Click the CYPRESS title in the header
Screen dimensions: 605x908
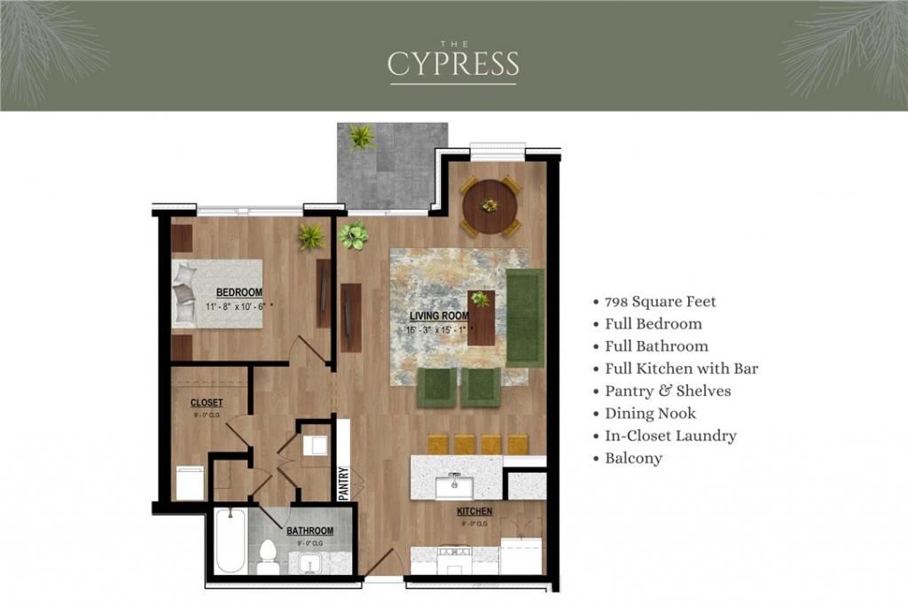(x=453, y=64)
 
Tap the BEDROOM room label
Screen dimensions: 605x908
(x=239, y=292)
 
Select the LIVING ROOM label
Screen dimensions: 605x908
(x=438, y=315)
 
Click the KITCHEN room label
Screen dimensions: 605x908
(x=474, y=511)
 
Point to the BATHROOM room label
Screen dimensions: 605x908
(x=309, y=531)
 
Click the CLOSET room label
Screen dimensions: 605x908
(x=207, y=403)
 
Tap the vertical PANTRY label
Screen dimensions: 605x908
(x=345, y=483)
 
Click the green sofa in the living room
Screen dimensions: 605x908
(x=525, y=317)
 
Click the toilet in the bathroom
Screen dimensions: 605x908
(x=267, y=555)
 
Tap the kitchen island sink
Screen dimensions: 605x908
(x=454, y=485)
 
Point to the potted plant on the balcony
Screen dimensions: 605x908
(x=361, y=137)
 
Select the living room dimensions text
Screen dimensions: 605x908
(x=440, y=330)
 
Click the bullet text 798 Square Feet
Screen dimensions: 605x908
(x=660, y=301)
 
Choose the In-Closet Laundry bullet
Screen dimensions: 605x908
(x=670, y=436)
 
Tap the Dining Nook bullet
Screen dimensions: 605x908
(x=650, y=414)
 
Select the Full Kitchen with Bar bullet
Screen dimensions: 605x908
(x=681, y=368)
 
